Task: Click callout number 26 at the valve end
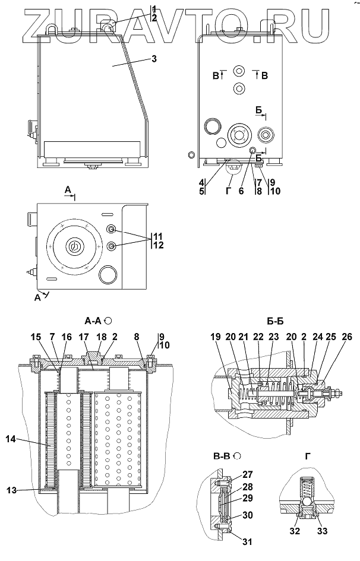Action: click(x=346, y=338)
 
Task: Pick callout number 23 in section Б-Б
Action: click(x=274, y=338)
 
